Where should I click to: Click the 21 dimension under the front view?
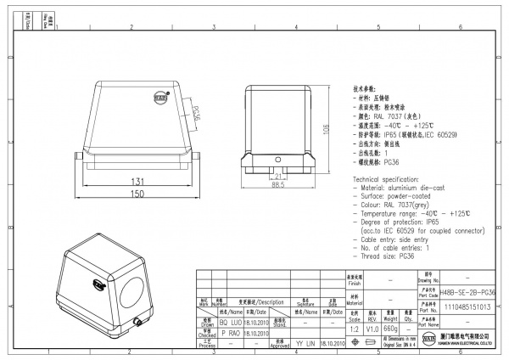tap(277, 176)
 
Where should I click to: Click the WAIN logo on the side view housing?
tap(159, 98)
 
